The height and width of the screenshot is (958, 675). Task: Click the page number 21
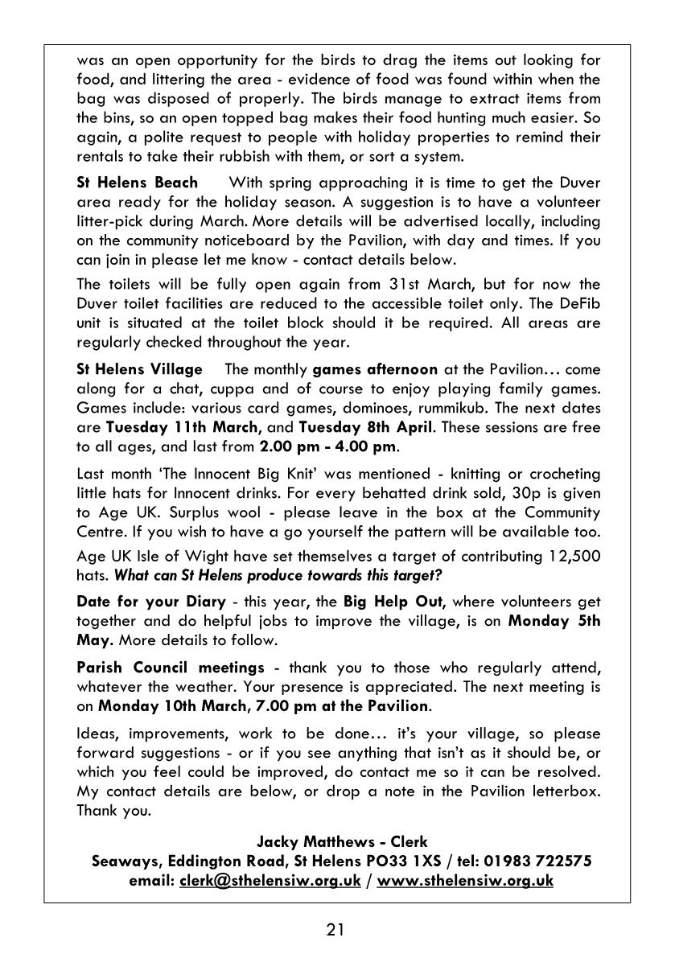point(336,930)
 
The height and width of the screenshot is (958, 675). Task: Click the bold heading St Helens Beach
point(137,183)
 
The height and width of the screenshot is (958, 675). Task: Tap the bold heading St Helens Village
point(139,369)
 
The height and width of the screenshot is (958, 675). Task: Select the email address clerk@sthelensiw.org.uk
point(270,880)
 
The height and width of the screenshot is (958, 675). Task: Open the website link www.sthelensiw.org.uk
point(465,880)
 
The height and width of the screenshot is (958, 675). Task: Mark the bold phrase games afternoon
point(375,369)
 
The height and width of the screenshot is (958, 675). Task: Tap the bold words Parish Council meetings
point(171,668)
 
